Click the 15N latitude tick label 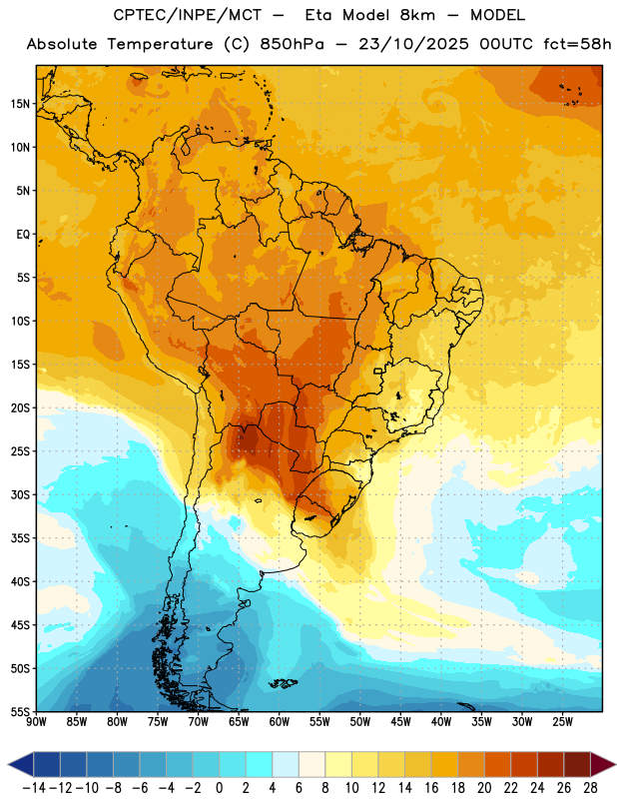20,104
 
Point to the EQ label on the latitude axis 23,235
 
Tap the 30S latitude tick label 20,494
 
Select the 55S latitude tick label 20,712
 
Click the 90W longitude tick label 36,721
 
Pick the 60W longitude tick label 280,721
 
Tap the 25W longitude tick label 562,721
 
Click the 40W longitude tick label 441,721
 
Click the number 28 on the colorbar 590,788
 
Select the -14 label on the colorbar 34,788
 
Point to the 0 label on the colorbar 219,788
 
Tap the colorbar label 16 431,788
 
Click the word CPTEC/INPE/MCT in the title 187,15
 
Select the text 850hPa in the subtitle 292,44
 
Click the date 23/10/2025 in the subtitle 413,44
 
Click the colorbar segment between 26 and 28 577,764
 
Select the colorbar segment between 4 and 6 286,764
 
